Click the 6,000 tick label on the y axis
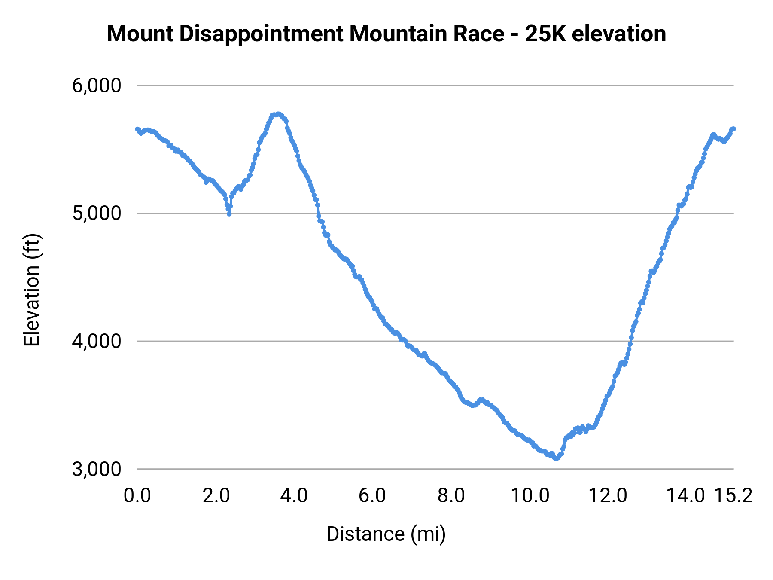point(97,85)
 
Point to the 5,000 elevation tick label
point(97,213)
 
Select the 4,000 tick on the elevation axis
point(97,341)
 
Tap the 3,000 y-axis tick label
point(97,469)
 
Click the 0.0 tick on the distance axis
point(137,496)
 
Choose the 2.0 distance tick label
point(216,496)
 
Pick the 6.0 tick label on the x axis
point(372,496)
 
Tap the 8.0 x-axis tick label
point(451,496)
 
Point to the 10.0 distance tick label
point(530,496)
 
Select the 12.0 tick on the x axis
point(608,496)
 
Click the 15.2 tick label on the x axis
point(733,496)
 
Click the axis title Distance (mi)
point(386,534)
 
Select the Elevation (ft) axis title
point(31,290)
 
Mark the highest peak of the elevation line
point(278,114)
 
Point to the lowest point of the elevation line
point(556,458)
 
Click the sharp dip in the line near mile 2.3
point(229,214)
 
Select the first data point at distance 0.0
point(137,129)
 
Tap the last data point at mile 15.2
point(733,129)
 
